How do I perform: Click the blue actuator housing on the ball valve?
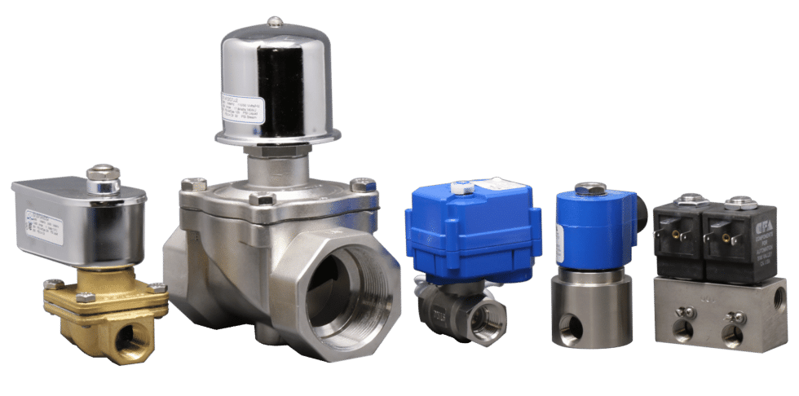pos(473,232)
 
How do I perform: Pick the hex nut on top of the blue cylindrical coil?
pos(589,188)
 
